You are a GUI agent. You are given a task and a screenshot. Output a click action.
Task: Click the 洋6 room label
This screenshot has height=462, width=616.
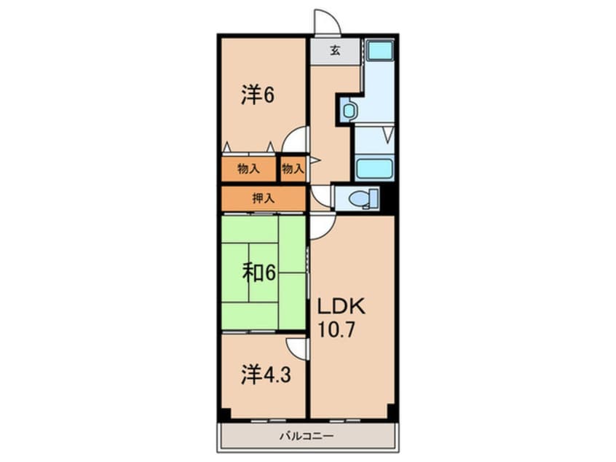pos(258,95)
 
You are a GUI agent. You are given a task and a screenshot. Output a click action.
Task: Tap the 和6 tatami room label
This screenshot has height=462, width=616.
pos(258,274)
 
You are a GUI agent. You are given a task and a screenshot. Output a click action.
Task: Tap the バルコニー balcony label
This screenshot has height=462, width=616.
pos(306,437)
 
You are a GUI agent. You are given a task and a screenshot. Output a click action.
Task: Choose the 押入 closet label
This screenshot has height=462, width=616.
pos(263,197)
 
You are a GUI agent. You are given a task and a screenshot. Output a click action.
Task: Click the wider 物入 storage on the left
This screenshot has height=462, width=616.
pos(249,169)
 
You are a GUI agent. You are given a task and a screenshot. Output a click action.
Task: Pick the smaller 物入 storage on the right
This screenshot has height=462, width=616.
pos(292,169)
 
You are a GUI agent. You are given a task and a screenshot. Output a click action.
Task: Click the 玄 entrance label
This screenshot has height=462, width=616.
pos(335,51)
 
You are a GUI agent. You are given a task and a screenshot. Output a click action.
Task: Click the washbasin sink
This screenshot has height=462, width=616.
pos(350,111)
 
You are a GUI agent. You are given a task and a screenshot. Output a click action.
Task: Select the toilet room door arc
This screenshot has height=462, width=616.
pos(320,195)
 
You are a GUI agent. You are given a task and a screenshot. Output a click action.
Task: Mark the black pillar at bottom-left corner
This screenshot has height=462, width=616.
pos(225,413)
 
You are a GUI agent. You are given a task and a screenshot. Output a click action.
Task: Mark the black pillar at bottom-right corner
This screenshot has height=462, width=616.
pos(392,412)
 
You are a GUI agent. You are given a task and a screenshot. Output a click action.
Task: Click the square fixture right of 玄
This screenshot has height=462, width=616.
pos(379,50)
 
